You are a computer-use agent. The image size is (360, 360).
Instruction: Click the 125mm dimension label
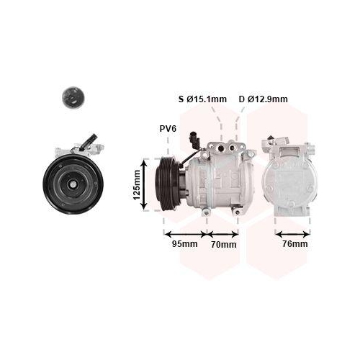pos(136,185)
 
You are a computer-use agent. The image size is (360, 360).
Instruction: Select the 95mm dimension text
pos(185,244)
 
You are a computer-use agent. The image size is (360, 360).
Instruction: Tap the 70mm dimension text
pos(224,244)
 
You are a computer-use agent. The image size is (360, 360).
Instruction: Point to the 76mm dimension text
pos(295,244)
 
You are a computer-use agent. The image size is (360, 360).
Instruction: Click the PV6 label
pos(168,129)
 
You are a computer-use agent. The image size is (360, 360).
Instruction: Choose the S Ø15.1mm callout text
pos(202,99)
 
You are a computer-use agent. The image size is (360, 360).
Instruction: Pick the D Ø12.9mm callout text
pos(264,99)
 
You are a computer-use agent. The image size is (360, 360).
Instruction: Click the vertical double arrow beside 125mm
pos(144,184)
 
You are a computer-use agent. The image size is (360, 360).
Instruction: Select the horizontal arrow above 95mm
pos(186,234)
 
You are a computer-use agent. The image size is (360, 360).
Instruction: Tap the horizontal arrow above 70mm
pos(222,234)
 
